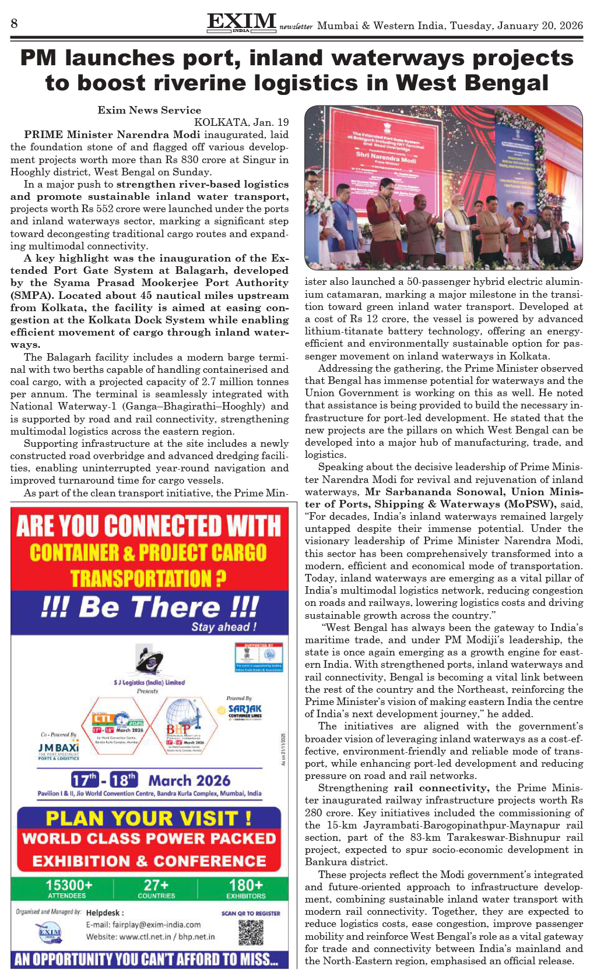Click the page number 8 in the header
(x=14, y=23)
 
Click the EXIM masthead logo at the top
(x=241, y=22)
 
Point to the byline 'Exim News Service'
(x=149, y=110)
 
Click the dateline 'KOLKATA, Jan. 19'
(x=241, y=122)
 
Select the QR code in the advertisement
(x=251, y=932)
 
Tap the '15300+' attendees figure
(x=68, y=886)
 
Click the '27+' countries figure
(x=156, y=886)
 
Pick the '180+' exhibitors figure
(x=245, y=886)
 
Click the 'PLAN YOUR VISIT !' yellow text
(x=149, y=818)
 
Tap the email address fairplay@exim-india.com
(x=143, y=924)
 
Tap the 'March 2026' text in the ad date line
(x=189, y=780)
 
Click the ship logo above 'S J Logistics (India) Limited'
(x=148, y=660)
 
